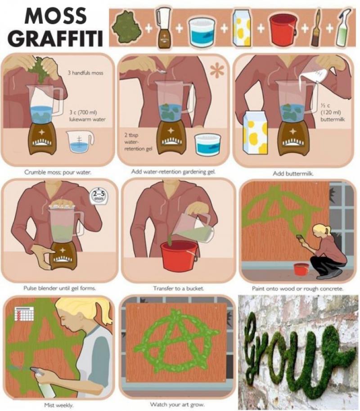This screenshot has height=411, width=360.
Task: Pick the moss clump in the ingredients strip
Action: coord(126,27)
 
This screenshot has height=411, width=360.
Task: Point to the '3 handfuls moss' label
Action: coord(85,72)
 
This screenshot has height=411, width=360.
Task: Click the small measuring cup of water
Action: coord(80,142)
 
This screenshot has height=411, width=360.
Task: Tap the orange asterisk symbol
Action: coord(217,71)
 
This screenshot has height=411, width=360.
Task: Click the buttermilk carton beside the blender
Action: coord(255,133)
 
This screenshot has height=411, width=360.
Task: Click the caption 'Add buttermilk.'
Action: coord(293,174)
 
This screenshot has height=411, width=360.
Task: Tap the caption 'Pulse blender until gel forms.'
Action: coord(60,288)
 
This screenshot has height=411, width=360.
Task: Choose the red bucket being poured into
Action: coord(179,255)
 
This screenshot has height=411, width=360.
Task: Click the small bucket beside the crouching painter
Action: coord(301,269)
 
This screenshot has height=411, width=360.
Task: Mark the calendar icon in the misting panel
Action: coord(24,313)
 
